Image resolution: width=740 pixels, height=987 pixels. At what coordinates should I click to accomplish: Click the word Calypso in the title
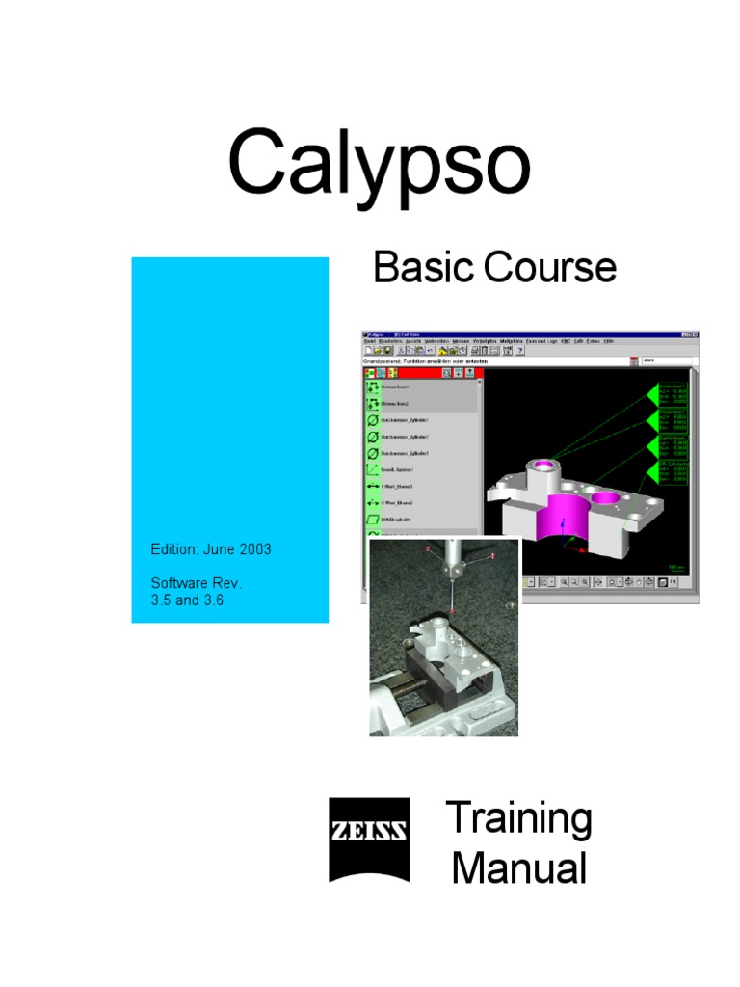click(379, 165)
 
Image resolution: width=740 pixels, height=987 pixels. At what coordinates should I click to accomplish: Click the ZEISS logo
click(369, 839)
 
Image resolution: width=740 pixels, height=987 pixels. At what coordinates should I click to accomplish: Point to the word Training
click(518, 820)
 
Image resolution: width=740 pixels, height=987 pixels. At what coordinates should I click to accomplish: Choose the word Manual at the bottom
click(518, 867)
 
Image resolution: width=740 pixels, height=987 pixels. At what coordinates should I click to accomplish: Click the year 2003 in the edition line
click(252, 549)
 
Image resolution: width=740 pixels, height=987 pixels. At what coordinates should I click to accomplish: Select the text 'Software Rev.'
click(197, 583)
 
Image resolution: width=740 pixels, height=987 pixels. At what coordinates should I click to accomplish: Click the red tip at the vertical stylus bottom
click(451, 614)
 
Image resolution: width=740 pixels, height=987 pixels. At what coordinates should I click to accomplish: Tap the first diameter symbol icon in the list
click(372, 420)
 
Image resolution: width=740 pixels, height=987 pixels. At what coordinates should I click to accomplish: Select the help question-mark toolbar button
click(520, 351)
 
